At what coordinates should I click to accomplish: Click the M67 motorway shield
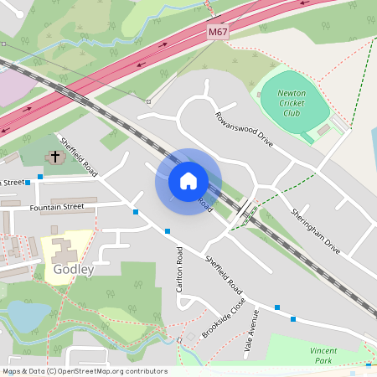click(x=217, y=32)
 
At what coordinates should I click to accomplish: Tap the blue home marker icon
click(x=188, y=181)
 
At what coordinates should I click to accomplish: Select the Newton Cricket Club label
click(x=291, y=106)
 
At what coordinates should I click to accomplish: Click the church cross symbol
click(x=56, y=156)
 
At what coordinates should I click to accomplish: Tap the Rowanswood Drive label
click(x=244, y=131)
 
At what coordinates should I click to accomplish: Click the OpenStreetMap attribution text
click(x=85, y=371)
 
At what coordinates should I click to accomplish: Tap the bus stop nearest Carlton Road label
click(x=168, y=231)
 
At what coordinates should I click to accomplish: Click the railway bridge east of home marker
click(x=245, y=212)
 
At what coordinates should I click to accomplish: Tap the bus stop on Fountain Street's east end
click(x=136, y=212)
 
